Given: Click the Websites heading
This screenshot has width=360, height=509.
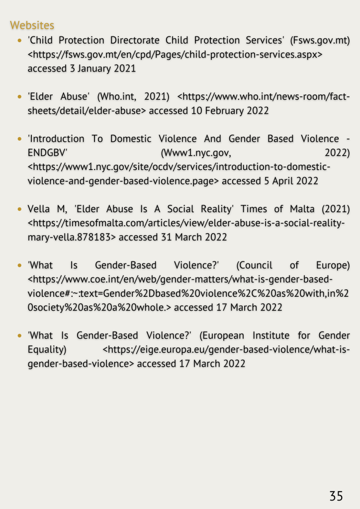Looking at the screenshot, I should coord(32,24).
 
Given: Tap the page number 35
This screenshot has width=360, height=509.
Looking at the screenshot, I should coord(336,496).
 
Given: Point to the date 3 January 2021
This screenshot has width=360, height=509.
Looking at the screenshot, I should coord(102,69).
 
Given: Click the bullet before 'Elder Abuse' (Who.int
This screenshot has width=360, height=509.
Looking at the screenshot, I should coord(19,96).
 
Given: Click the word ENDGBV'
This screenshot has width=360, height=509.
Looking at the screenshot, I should coord(48,153).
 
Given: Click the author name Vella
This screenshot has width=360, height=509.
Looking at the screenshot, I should coord(39,209).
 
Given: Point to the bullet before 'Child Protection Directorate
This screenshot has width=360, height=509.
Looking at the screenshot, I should coord(19,40).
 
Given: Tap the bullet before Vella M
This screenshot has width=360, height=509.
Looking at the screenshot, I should coord(19,209).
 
